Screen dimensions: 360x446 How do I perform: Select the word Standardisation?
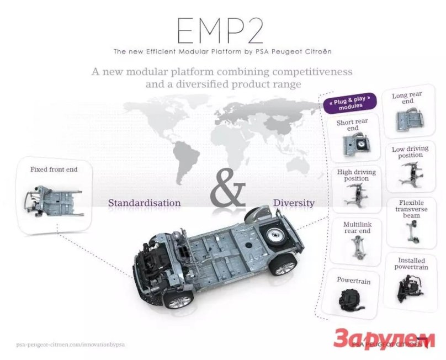(x=144, y=203)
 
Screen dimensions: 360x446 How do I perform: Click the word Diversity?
(x=294, y=203)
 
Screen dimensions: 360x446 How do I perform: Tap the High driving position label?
(x=356, y=175)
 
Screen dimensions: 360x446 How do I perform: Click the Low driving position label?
(x=407, y=152)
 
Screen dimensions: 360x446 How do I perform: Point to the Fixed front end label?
(x=54, y=170)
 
